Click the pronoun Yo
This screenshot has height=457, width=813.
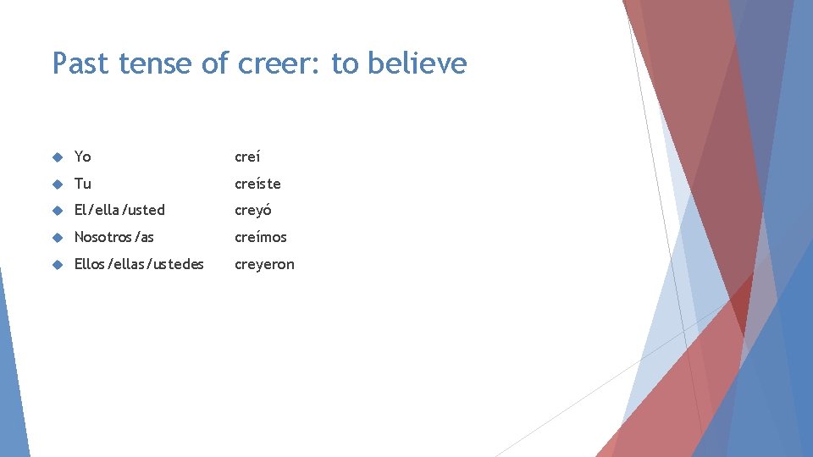point(82,157)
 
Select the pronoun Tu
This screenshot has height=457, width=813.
point(82,184)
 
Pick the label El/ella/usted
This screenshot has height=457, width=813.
point(119,210)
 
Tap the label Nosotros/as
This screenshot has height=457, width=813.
point(114,237)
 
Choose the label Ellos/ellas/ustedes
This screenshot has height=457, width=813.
point(139,264)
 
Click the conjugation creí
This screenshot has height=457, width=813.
point(247,157)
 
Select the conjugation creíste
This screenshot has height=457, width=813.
point(257,184)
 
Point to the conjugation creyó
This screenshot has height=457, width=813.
point(252,210)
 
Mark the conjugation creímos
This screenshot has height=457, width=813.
point(261,237)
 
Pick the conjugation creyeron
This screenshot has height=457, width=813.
point(264,264)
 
